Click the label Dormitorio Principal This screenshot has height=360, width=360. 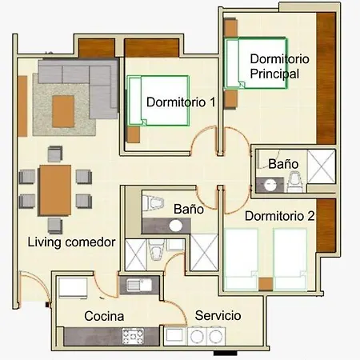[x=279, y=66]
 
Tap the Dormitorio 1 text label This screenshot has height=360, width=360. [x=181, y=102]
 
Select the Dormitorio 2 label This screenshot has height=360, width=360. [x=279, y=216]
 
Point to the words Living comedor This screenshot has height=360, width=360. [x=71, y=242]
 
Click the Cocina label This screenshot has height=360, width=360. [x=104, y=316]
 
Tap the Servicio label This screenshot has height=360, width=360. [x=218, y=315]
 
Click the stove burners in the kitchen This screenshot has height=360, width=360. [x=133, y=336]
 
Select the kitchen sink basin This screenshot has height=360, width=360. [x=138, y=285]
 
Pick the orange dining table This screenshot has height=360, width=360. [x=55, y=190]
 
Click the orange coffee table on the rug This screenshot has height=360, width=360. [x=63, y=111]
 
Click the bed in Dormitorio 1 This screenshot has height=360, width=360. [x=158, y=101]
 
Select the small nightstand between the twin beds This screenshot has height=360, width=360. [x=266, y=284]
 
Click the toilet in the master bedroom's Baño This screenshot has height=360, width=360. [x=294, y=182]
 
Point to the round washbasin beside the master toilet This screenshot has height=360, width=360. [x=270, y=185]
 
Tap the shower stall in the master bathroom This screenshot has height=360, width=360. [x=321, y=166]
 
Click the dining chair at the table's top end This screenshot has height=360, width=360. [x=55, y=154]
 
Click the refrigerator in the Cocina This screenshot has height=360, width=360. [x=73, y=288]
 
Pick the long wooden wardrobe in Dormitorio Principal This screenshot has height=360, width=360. [x=326, y=78]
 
